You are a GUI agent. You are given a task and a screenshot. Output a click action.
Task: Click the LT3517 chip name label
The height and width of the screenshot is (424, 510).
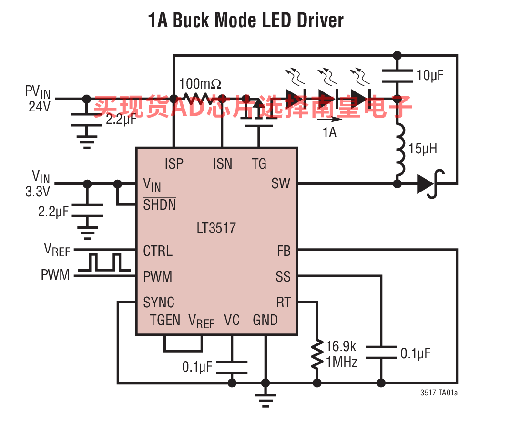click(216, 228)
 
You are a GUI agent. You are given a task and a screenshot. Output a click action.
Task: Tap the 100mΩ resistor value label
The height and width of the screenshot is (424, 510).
click(200, 83)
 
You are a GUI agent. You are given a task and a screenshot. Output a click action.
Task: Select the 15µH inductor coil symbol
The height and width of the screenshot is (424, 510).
click(400, 150)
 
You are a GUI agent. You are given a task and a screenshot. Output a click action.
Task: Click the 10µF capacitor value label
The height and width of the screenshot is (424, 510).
click(430, 75)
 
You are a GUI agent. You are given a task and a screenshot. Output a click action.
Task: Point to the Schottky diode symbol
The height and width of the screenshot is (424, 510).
click(430, 184)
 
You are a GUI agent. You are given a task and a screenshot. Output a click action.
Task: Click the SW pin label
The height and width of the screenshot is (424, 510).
click(281, 183)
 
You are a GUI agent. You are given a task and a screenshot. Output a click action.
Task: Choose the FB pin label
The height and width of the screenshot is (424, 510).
click(284, 251)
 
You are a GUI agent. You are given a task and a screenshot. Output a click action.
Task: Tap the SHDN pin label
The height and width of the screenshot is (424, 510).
click(160, 204)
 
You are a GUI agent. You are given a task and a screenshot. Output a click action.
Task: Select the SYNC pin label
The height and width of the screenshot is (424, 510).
click(159, 303)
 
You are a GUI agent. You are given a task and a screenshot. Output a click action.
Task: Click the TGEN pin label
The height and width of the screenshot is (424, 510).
click(165, 320)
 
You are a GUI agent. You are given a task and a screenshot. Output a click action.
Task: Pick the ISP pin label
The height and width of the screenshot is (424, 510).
click(174, 163)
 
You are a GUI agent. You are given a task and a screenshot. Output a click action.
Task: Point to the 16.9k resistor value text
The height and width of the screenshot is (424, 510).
click(341, 346)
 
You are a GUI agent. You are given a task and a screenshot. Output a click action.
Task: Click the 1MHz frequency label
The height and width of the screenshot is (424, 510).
click(342, 362)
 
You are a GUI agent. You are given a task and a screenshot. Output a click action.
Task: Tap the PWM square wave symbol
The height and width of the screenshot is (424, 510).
click(104, 262)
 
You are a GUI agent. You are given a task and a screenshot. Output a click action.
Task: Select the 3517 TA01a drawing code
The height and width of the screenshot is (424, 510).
click(439, 393)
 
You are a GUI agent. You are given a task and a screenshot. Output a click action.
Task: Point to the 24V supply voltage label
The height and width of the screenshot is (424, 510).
click(40, 106)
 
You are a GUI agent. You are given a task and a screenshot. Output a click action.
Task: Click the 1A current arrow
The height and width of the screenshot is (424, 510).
click(329, 119)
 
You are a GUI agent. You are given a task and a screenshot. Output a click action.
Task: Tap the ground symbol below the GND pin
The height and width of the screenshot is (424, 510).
click(265, 400)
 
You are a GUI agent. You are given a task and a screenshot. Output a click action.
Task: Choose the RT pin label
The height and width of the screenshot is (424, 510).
click(283, 303)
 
